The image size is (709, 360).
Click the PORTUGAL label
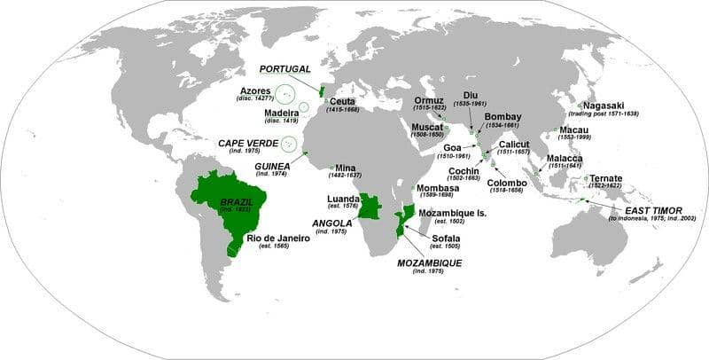(x=284, y=68)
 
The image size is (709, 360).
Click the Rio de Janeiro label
(x=278, y=238)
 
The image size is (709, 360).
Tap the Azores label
(x=255, y=90)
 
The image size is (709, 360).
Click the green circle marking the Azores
(x=284, y=94)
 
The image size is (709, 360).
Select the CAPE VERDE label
(x=247, y=143)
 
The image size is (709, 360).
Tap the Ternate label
(x=605, y=178)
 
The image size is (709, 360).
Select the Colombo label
(x=507, y=183)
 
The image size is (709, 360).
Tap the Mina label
(x=346, y=167)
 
